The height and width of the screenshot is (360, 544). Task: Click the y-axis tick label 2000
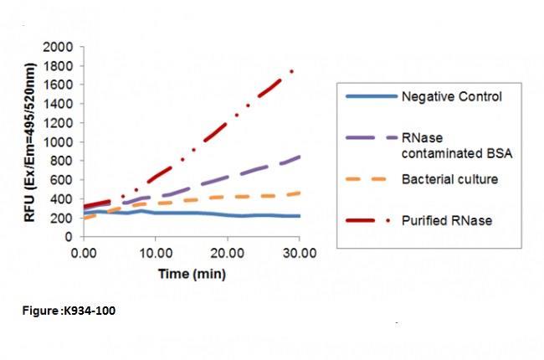pos(59,47)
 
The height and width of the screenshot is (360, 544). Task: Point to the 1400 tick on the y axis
pos(59,104)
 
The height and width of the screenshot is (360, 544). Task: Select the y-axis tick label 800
pos(63,161)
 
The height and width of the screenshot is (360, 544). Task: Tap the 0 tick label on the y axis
pos(70,236)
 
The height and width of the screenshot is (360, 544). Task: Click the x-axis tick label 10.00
pos(155,252)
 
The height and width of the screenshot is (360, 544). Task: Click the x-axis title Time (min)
pos(191,273)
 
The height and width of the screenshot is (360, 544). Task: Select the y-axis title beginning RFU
pos(29,141)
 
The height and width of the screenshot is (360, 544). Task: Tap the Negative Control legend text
pos(451,96)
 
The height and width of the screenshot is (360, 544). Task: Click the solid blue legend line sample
pos(371,96)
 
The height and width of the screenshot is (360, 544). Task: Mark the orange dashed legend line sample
pos(371,179)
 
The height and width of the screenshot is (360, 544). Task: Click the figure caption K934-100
pos(69,311)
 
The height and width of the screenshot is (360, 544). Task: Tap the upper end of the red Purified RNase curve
pos(291,71)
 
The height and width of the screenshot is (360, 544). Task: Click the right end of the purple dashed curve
pos(300,157)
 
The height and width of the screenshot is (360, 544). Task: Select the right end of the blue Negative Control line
pos(300,216)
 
